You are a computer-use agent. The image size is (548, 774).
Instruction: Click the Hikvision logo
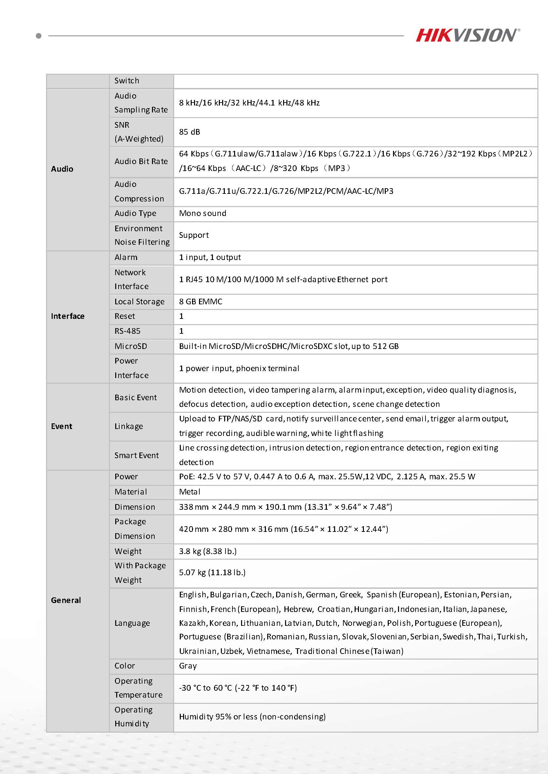pos(467,35)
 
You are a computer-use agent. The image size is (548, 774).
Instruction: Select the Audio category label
pos(62,169)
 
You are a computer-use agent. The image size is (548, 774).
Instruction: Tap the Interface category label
pos(68,316)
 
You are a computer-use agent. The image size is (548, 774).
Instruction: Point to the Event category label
pos(61,426)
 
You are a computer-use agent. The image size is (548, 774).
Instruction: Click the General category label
pos(66,600)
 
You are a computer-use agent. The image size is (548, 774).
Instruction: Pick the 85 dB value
pos(190,132)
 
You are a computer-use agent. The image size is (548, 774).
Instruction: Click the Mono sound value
pos(202,213)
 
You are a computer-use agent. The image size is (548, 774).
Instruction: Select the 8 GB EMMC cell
pos(200,302)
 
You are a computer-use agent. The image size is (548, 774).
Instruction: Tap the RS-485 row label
pos(127,331)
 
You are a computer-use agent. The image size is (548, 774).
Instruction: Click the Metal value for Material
pos(190,492)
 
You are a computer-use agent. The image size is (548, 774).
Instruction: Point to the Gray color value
pos(188,666)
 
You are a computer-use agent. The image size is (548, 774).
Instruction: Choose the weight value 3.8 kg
pos(208,551)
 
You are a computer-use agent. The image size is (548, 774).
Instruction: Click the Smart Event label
pos(136,455)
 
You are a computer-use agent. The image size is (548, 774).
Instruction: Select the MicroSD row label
pos(130,346)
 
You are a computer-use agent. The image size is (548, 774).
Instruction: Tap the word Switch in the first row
pos(126,81)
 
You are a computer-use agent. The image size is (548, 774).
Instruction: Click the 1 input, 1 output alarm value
pos(210,257)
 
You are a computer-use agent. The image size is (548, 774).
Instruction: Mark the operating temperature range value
pos(238,688)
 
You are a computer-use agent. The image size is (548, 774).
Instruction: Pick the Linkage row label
pos(128,426)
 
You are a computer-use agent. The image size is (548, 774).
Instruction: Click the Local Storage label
pos(139,302)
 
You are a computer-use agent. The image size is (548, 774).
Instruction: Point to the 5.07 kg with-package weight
pos(212,573)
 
